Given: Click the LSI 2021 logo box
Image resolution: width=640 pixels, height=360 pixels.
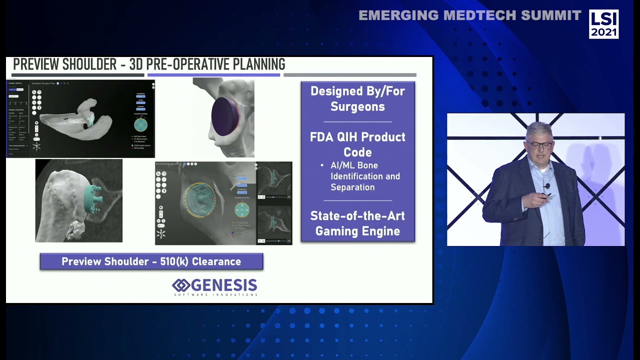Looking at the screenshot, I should (x=603, y=24).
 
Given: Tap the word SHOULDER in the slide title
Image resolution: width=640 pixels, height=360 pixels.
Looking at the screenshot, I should (x=93, y=64).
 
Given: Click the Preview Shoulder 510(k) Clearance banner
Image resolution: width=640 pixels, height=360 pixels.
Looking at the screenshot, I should (x=151, y=261).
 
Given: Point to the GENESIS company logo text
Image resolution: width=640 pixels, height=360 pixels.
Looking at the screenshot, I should (x=223, y=285).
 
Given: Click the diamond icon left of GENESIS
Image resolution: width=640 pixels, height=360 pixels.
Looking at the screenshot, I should (x=180, y=285).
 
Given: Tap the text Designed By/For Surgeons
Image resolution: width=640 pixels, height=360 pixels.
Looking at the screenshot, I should (x=357, y=99).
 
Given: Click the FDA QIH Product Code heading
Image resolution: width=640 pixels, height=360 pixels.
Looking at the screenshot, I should (x=357, y=144).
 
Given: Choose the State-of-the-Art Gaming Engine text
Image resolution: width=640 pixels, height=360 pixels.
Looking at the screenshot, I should (x=357, y=223).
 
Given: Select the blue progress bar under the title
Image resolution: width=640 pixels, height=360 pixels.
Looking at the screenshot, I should (x=213, y=75).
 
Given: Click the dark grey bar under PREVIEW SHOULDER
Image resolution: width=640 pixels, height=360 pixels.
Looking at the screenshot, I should (x=77, y=75).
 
